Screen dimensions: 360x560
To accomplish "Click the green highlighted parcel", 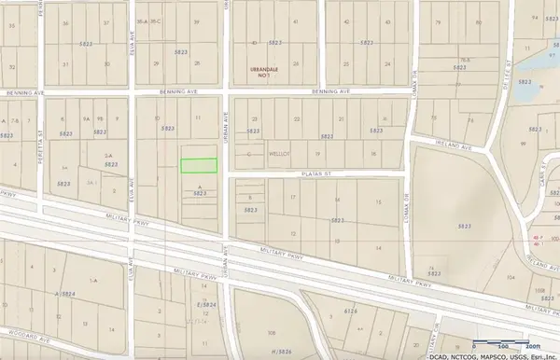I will pos(198,165).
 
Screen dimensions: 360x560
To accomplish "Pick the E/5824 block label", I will pos(193,304).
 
